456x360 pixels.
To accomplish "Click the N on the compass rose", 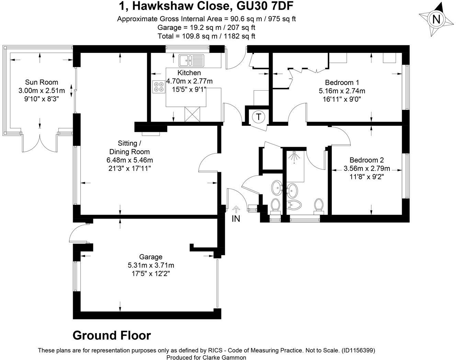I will point(436,19).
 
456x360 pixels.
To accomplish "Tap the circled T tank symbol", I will point(259,117).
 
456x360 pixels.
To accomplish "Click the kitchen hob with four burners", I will point(159,86).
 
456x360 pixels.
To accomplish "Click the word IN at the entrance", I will point(236,218).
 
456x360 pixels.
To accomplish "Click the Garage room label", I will point(150,257).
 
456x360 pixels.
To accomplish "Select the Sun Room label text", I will point(42,82).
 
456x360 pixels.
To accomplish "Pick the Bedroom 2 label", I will point(366,160).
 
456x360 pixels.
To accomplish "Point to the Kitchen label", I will point(189,73).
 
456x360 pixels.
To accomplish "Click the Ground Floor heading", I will point(112,335).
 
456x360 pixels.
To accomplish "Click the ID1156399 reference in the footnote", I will point(358,350).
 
